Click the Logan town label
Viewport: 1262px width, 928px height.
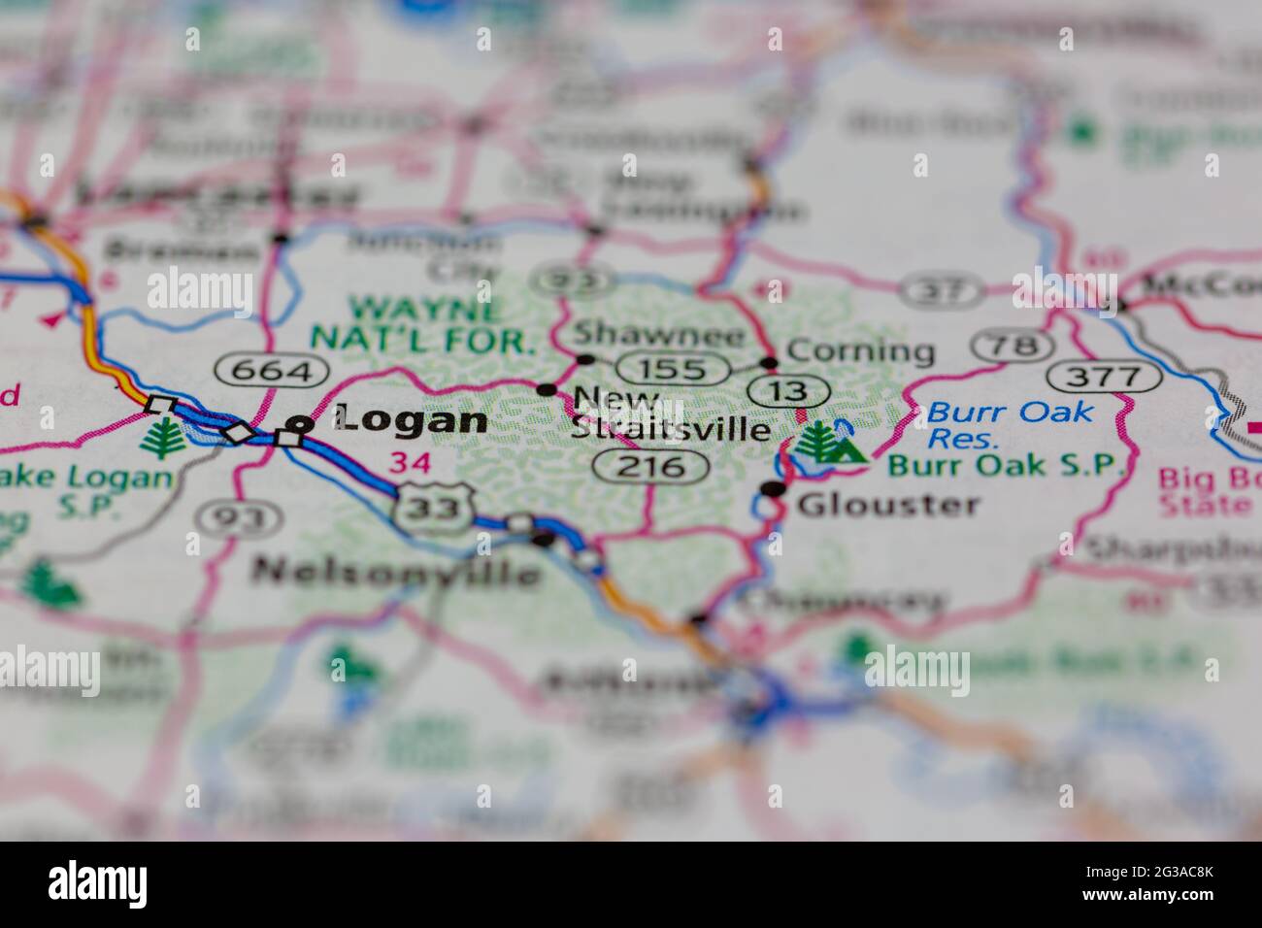(x=410, y=419)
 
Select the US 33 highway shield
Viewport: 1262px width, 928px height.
(x=426, y=506)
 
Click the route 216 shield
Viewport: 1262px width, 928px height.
(x=651, y=467)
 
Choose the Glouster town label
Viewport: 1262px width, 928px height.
(x=887, y=504)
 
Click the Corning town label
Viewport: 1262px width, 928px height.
(x=859, y=350)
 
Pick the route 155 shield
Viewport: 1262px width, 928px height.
(x=674, y=369)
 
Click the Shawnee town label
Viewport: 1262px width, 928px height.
(x=659, y=335)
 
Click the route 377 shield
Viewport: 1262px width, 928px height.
(x=1105, y=376)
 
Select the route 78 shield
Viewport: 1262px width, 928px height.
(x=1013, y=345)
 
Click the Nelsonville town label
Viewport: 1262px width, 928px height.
(x=395, y=572)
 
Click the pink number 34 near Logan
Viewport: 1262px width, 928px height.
(x=409, y=463)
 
